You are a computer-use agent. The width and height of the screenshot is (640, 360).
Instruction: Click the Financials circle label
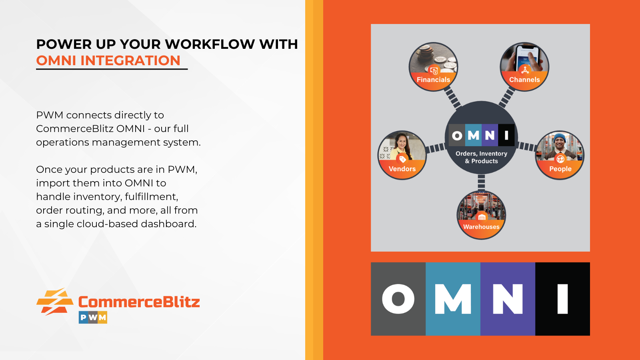click(x=433, y=80)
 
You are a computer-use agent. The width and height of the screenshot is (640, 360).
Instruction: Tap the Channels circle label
click(x=524, y=80)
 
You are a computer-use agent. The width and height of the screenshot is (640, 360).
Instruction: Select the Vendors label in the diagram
click(x=402, y=169)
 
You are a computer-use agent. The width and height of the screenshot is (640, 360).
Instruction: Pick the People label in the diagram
click(x=560, y=169)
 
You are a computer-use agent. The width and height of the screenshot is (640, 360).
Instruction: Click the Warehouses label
click(x=481, y=227)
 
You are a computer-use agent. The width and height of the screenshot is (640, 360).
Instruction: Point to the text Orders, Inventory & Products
click(x=482, y=157)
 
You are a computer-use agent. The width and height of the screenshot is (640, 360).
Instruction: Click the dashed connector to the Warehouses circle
click(x=481, y=182)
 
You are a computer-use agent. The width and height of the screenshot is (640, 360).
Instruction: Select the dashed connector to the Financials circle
click(x=452, y=98)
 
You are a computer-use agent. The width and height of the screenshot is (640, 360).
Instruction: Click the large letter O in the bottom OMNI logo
click(x=398, y=299)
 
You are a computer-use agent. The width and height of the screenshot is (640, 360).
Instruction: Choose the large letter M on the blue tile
click(x=453, y=299)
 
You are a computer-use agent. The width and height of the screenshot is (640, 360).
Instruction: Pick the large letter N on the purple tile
click(x=508, y=299)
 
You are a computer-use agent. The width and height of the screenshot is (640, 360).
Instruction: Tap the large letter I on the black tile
click(x=562, y=299)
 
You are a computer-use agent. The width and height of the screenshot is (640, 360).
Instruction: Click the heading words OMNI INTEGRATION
click(x=108, y=60)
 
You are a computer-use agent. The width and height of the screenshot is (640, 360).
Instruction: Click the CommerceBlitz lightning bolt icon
click(x=54, y=302)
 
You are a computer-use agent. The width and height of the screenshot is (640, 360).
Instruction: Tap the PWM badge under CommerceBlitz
click(x=93, y=317)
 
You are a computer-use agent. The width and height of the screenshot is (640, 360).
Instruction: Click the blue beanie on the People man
click(x=560, y=138)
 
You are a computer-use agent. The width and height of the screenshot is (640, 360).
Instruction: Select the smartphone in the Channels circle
click(x=527, y=58)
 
